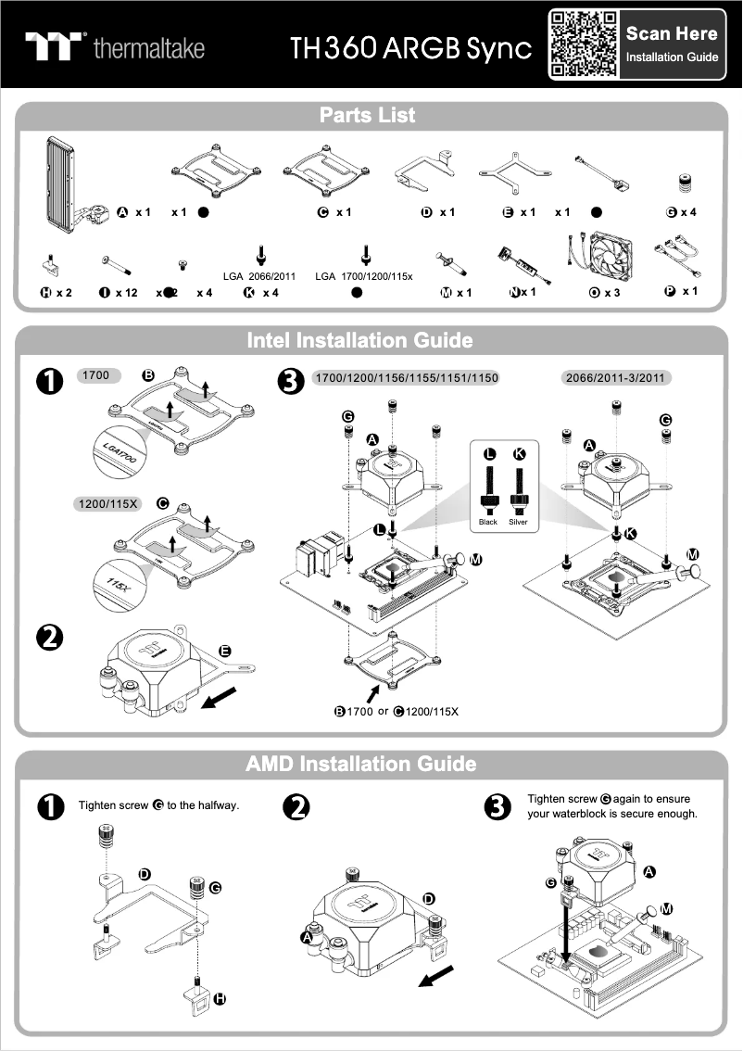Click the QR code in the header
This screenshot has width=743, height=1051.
click(x=584, y=44)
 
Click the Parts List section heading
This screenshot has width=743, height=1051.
click(x=368, y=116)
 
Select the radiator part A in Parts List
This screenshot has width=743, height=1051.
click(x=63, y=184)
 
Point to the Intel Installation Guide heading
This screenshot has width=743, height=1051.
click(x=359, y=340)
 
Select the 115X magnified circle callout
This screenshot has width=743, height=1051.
click(x=118, y=585)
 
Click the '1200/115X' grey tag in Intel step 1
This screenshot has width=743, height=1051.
click(x=107, y=504)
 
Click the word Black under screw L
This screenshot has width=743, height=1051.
click(x=488, y=522)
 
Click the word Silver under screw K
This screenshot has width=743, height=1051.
click(x=518, y=522)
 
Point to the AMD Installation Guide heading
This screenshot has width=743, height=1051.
click(x=361, y=764)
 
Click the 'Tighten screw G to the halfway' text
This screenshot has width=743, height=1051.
click(x=159, y=805)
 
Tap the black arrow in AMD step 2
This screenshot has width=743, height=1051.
click(x=436, y=976)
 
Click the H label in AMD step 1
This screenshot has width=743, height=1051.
click(x=220, y=999)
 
